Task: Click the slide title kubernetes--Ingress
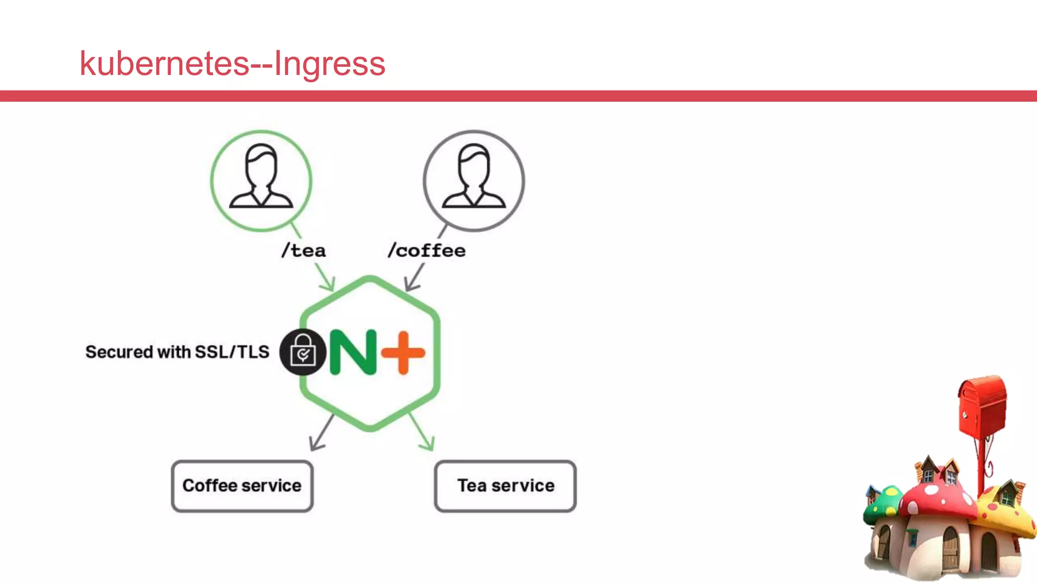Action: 232,64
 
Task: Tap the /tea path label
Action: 304,251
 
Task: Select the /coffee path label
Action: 427,251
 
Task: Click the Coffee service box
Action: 242,486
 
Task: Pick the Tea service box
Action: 505,486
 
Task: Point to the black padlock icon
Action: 303,352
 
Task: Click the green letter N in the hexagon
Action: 353,352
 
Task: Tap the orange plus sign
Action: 403,353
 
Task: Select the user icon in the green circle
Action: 261,177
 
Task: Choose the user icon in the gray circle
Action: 474,177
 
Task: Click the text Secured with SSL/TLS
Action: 177,352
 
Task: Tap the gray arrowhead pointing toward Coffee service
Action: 316,444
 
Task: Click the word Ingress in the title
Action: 330,64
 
